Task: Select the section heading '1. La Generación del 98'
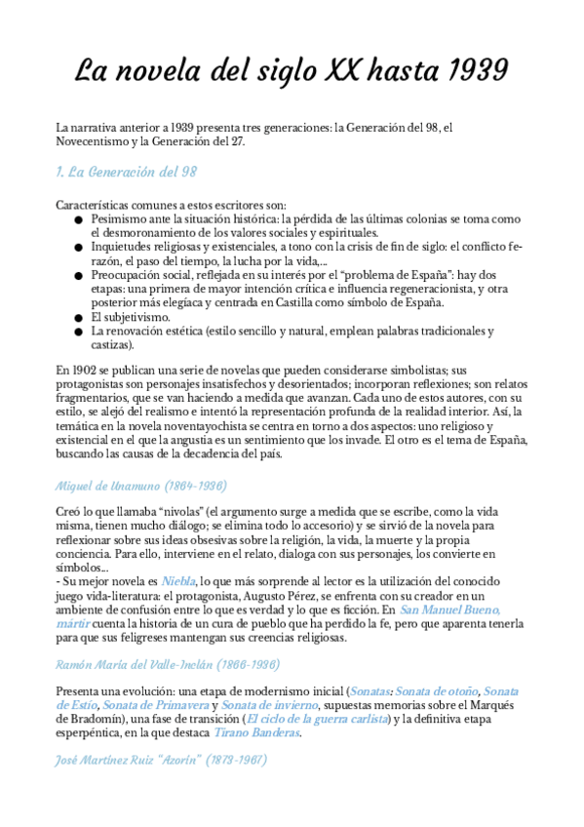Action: [x=127, y=173]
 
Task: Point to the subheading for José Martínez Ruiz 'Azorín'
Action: [x=161, y=759]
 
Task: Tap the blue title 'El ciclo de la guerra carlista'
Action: [x=316, y=719]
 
